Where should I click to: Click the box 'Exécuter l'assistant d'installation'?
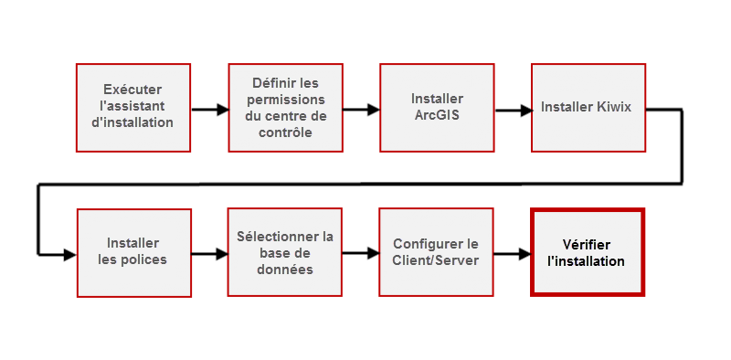[132, 106]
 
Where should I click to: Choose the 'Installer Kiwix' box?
[586, 107]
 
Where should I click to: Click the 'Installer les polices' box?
[132, 251]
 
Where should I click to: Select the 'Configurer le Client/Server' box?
[435, 251]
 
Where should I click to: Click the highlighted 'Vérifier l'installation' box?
[587, 252]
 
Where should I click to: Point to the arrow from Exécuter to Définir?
[209, 110]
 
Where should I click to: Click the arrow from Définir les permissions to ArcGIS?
[360, 109]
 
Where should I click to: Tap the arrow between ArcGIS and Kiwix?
[514, 110]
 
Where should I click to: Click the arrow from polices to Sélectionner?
[209, 255]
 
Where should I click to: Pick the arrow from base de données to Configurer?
[360, 254]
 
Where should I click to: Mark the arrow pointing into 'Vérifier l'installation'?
[512, 255]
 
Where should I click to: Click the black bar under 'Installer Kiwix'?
[586, 158]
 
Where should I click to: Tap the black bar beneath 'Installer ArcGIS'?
[437, 154]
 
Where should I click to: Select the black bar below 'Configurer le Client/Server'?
[435, 300]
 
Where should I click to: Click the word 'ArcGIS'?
[436, 115]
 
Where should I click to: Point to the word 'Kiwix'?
[614, 107]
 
